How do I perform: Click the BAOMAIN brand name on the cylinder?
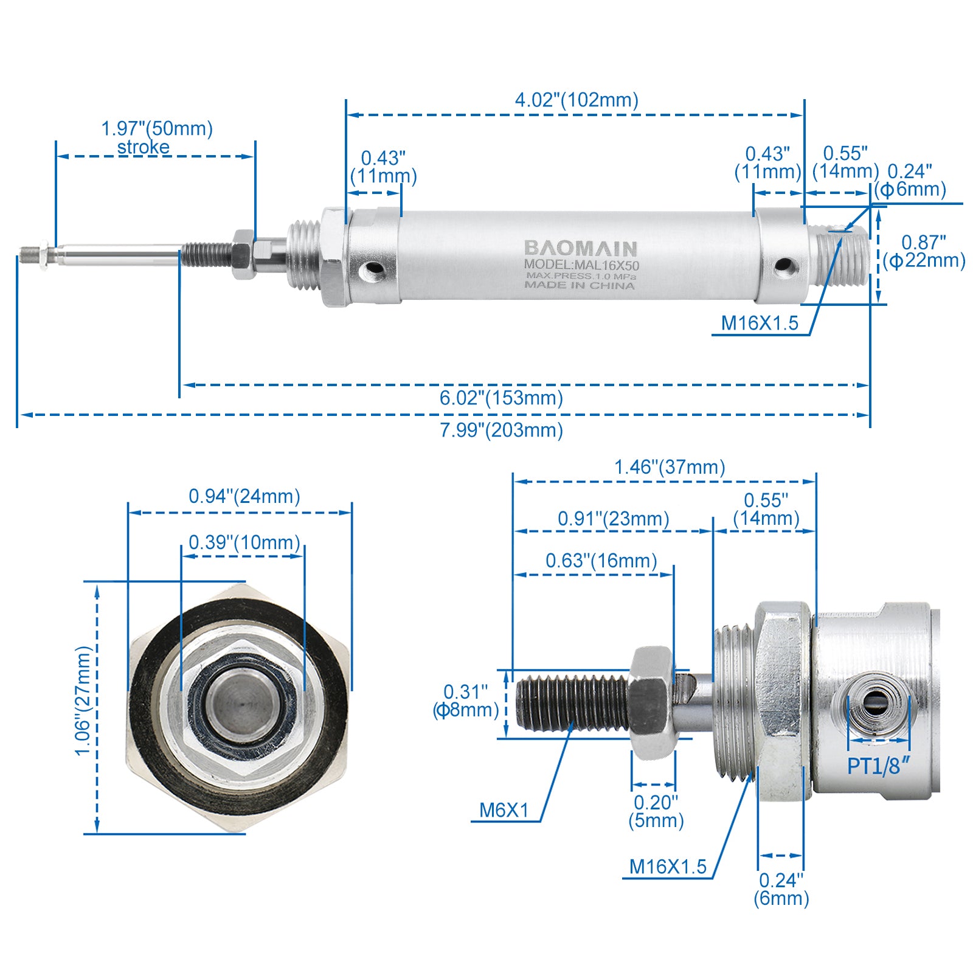pyautogui.click(x=580, y=248)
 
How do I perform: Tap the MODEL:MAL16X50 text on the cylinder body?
pyautogui.click(x=581, y=265)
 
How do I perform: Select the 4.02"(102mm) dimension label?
pyautogui.click(x=577, y=100)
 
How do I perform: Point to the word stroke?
pyautogui.click(x=144, y=147)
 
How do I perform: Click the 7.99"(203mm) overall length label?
pyautogui.click(x=502, y=430)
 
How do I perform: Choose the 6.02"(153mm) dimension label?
pyautogui.click(x=502, y=398)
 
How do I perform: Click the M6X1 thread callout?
pyautogui.click(x=504, y=810)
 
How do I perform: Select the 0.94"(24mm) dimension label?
pyautogui.click(x=244, y=496)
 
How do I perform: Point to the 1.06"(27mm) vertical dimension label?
pyautogui.click(x=83, y=701)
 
